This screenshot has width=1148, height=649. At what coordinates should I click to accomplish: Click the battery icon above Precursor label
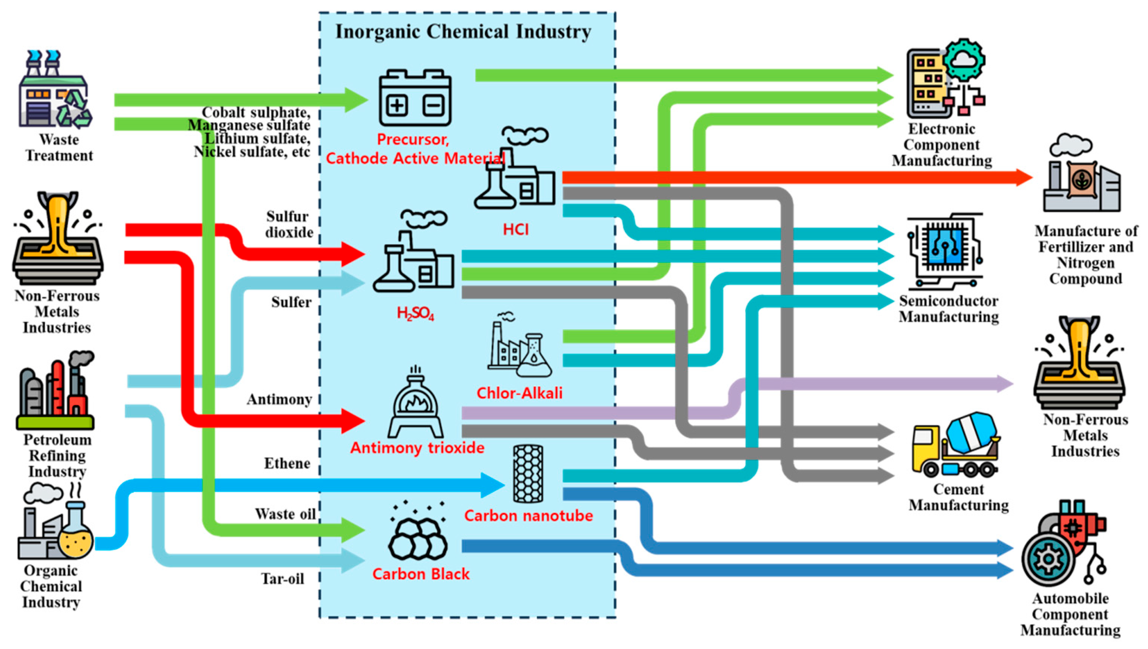[414, 98]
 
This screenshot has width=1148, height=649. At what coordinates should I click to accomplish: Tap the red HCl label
[516, 229]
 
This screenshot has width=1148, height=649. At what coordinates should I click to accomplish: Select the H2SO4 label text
[415, 314]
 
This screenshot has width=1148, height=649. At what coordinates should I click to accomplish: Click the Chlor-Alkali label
[519, 393]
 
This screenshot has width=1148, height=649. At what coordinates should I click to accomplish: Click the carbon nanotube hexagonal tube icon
[528, 473]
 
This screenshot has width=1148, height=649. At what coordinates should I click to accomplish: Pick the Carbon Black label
[421, 574]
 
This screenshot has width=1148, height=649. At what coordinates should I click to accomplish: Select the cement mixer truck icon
[955, 445]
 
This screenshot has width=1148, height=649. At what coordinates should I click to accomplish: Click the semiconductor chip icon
[944, 250]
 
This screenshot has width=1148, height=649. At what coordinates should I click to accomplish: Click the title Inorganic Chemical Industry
[463, 32]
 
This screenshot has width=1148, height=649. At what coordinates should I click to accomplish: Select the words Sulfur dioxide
[289, 224]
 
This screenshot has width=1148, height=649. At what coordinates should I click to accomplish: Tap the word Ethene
[287, 464]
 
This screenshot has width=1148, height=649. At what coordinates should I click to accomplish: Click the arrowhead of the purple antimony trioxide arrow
[1004, 384]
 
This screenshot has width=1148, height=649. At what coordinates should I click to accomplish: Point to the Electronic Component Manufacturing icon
[944, 80]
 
